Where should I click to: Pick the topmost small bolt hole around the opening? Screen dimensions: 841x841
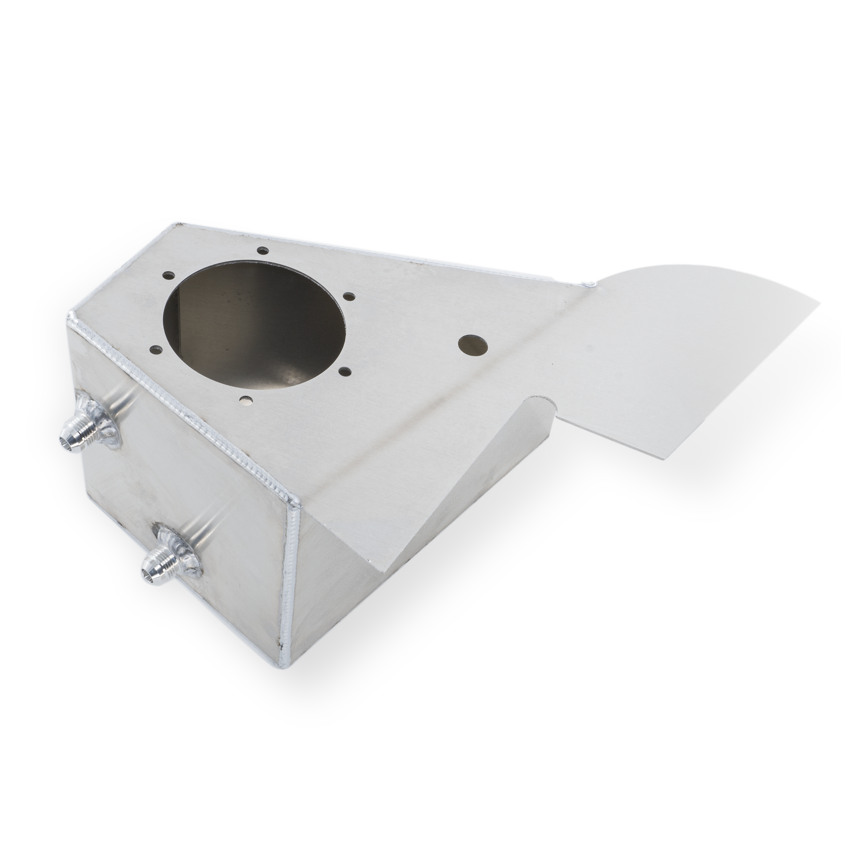coord(262,251)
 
